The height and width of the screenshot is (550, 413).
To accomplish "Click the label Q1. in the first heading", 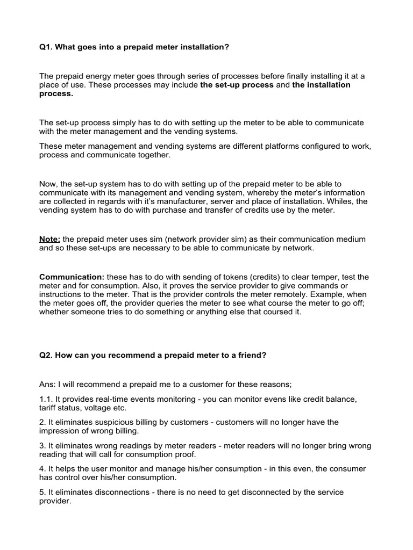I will [46, 48].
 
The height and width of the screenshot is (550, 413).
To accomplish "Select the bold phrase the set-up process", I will [237, 85].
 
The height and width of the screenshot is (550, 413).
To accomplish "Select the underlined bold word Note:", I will [49, 238].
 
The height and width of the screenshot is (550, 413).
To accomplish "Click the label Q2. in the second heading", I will [46, 356].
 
